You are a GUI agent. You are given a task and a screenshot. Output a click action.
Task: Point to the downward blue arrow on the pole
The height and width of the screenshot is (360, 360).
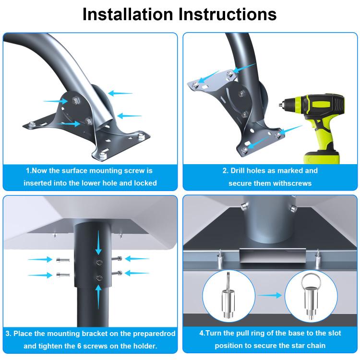point(99,242)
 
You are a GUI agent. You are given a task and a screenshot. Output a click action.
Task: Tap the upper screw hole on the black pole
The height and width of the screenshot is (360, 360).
point(99,262)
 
